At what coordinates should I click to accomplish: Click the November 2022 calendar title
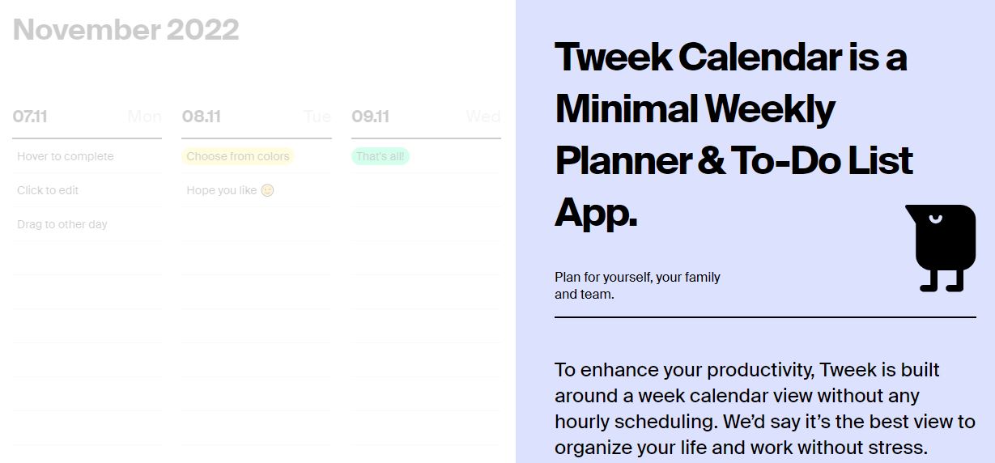click(x=125, y=30)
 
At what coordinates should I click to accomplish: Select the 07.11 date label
click(x=30, y=117)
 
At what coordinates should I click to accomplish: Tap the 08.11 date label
click(x=202, y=117)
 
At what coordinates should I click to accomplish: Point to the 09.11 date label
click(x=370, y=117)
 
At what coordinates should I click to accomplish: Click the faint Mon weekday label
click(x=144, y=117)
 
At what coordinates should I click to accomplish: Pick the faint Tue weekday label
click(x=317, y=117)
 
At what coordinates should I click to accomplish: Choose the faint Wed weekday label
click(x=483, y=117)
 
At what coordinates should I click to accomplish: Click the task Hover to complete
click(x=66, y=156)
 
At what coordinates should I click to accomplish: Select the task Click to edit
click(x=48, y=190)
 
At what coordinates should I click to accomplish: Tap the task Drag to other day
click(x=62, y=224)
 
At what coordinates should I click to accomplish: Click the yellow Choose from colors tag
click(x=238, y=156)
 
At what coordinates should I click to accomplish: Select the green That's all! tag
click(x=381, y=156)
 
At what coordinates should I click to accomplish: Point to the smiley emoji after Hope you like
click(x=267, y=190)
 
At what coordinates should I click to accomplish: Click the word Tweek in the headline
click(x=612, y=57)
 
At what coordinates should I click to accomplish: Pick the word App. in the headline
click(x=596, y=213)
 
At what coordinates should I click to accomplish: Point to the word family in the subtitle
click(x=702, y=277)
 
